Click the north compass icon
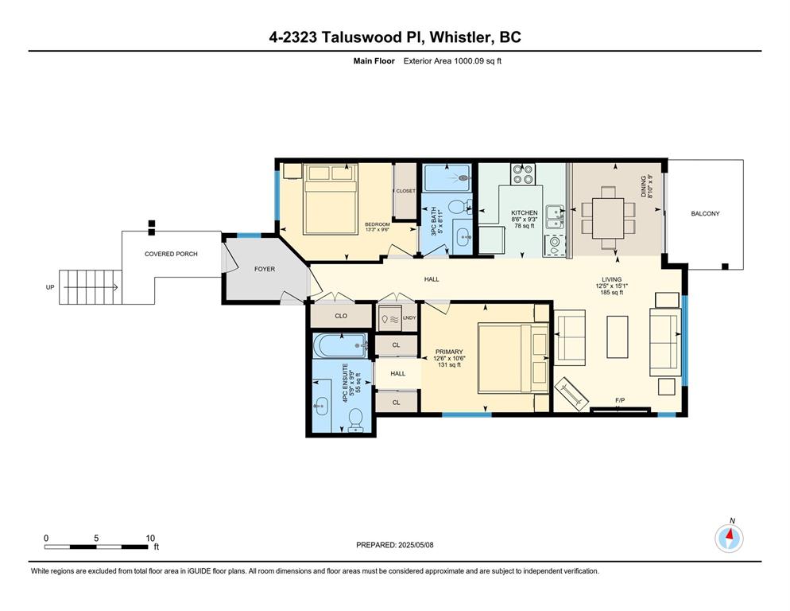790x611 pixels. pyautogui.click(x=729, y=539)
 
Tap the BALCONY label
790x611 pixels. pyautogui.click(x=705, y=213)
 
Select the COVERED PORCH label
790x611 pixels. pyautogui.click(x=171, y=254)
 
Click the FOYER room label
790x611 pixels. pyautogui.click(x=265, y=269)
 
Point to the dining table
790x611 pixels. pyautogui.click(x=608, y=218)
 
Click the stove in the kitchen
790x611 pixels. pyautogui.click(x=523, y=174)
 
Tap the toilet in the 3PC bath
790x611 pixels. pyautogui.click(x=459, y=207)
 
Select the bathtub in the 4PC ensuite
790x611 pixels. pyautogui.click(x=341, y=345)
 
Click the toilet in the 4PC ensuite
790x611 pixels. pyautogui.click(x=355, y=420)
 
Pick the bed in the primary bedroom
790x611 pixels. pyautogui.click(x=513, y=358)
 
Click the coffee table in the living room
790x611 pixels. pyautogui.click(x=618, y=337)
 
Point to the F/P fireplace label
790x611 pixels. pyautogui.click(x=620, y=401)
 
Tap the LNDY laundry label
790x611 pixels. pyautogui.click(x=409, y=318)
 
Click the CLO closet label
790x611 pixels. pyautogui.click(x=341, y=316)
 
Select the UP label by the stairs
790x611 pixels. pyautogui.click(x=50, y=287)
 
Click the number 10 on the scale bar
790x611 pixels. pyautogui.click(x=150, y=538)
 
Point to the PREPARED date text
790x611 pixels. pyautogui.click(x=394, y=545)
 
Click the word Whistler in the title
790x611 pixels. pyautogui.click(x=461, y=37)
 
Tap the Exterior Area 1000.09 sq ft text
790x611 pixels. pyautogui.click(x=452, y=61)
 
